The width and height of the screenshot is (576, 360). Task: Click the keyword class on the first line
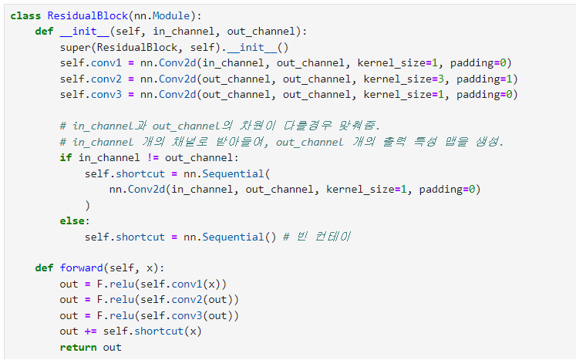(x=25, y=15)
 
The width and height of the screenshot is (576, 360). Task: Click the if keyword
(x=66, y=157)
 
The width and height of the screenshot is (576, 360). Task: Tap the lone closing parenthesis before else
(x=87, y=205)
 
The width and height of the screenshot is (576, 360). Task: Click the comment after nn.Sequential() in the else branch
(x=317, y=237)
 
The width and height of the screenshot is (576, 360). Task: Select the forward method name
(x=81, y=268)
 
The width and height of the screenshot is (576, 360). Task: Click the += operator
(x=90, y=331)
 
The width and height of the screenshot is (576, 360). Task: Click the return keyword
(x=78, y=347)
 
